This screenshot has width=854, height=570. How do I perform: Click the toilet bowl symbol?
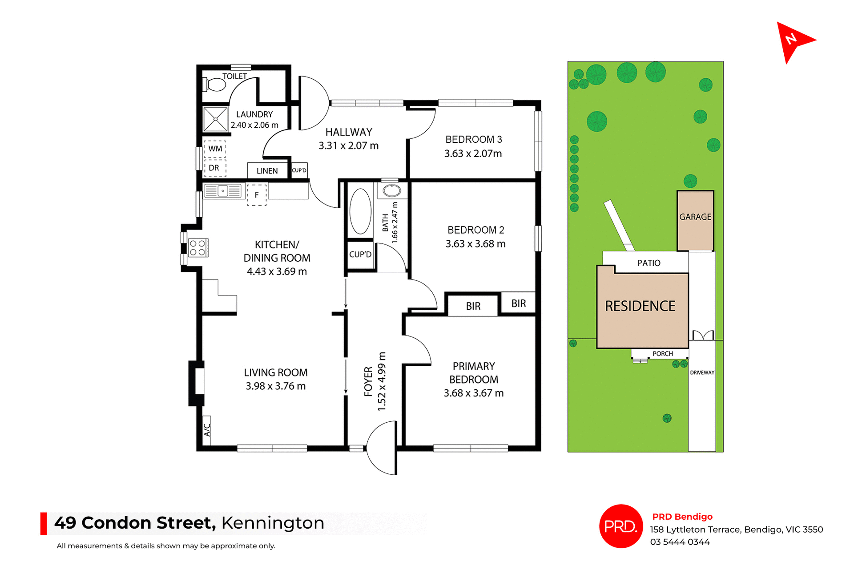[215, 84]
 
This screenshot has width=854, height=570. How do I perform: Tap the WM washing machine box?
[215, 149]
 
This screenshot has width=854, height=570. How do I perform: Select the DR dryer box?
[214, 168]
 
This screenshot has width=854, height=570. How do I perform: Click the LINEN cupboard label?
[267, 171]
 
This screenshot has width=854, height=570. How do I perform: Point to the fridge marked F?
[257, 195]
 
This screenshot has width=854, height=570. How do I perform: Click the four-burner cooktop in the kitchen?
[197, 248]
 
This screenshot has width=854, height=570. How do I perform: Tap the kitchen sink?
[223, 191]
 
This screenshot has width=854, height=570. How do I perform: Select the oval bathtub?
[360, 211]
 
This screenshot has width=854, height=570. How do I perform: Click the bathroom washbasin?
[392, 191]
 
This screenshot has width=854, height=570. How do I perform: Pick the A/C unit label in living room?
[207, 430]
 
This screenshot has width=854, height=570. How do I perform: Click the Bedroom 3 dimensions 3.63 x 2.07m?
[473, 154]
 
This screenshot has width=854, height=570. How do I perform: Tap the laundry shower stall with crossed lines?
[215, 119]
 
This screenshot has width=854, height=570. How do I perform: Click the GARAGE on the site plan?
[695, 217]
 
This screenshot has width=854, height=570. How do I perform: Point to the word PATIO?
[649, 263]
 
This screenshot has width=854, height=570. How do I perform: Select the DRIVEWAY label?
[702, 372]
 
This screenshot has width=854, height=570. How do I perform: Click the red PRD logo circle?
[620, 526]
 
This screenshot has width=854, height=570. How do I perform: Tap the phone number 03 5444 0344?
[680, 542]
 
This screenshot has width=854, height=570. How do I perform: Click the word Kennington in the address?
[273, 523]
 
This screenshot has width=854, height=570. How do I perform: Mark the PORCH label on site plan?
[663, 354]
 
